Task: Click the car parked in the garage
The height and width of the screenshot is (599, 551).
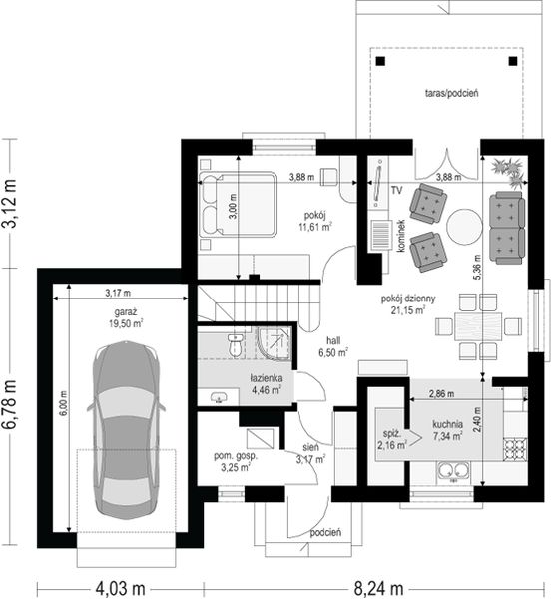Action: pos(126,430)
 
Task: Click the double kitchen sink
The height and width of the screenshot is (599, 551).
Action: pos(453,471)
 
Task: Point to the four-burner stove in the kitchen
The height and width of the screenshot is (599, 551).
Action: pos(515,449)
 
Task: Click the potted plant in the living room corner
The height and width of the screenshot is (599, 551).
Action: pos(509,171)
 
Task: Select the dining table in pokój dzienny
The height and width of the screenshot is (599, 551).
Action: pos(478,326)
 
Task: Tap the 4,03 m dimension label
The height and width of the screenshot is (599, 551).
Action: pos(120,588)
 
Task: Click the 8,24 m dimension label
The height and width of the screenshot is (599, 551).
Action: pos(378,588)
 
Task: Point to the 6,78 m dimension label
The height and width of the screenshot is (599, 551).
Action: pos(9,404)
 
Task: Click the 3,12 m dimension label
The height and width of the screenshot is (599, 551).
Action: pos(9,204)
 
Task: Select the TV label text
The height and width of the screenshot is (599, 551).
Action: pos(396,190)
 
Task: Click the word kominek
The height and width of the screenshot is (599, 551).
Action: pos(401,235)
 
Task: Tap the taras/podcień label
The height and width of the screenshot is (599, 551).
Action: pos(452,93)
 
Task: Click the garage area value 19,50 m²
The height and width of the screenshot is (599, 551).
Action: pos(126,323)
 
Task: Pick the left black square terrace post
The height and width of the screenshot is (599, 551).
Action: pos(380,61)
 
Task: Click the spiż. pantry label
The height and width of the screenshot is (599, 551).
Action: pos(391,434)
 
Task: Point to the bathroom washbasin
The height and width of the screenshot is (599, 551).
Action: pos(219,397)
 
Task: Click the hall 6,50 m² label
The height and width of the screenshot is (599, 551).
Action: pos(333,346)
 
